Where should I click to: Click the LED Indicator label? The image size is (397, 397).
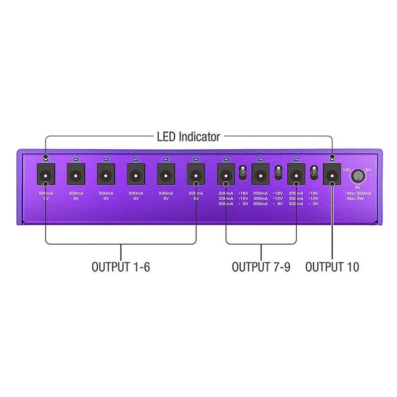pos(189,136)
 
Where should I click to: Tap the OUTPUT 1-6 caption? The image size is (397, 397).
pos(121,267)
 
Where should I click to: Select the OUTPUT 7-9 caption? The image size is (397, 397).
pos(261,267)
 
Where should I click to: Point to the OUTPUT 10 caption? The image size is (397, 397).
pos(332,267)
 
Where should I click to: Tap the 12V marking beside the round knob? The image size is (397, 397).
pos(347,170)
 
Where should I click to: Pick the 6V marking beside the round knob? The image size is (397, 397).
pos(368,170)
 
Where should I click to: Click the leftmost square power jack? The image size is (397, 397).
pos(46,175)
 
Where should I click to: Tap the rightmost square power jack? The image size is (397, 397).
pos(331,175)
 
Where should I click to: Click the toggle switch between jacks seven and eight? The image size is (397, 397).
pos(243,173)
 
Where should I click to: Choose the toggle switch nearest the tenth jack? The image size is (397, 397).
pos(314,173)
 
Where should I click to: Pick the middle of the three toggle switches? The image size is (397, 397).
pos(278,173)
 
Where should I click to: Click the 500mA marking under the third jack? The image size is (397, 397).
pos(106,193)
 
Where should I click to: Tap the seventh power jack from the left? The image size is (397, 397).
pos(226,175)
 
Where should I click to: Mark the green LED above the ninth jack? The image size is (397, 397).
pos(296,159)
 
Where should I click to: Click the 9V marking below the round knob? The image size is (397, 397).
pos(357,188)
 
